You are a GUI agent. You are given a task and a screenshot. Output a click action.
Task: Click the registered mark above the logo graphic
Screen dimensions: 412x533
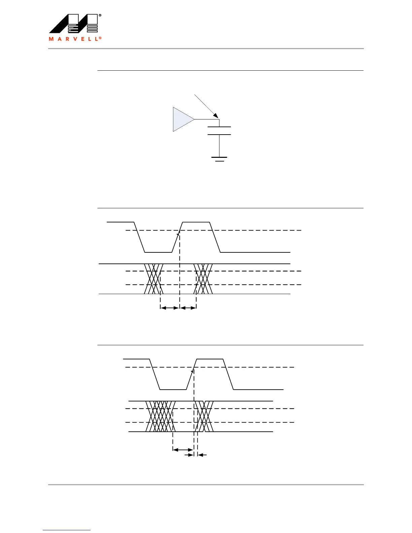pyautogui.click(x=100, y=15)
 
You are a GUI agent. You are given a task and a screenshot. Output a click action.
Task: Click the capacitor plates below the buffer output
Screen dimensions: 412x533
pyautogui.click(x=219, y=131)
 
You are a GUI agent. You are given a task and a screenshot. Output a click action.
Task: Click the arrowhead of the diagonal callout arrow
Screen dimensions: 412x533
pyautogui.click(x=217, y=116)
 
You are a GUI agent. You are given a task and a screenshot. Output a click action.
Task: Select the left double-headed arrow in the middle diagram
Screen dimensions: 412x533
pyautogui.click(x=170, y=308)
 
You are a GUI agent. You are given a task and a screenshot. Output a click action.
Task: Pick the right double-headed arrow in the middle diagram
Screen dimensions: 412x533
pyautogui.click(x=188, y=308)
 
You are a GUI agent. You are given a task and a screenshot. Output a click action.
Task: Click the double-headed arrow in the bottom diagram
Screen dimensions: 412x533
pyautogui.click(x=183, y=450)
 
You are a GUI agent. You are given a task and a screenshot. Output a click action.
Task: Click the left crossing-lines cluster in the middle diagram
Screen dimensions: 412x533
pyautogui.click(x=154, y=279)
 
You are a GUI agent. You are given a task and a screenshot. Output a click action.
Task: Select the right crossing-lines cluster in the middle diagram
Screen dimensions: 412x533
pyautogui.click(x=203, y=279)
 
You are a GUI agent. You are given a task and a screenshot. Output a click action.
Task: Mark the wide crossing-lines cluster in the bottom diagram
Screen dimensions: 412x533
pyautogui.click(x=161, y=416)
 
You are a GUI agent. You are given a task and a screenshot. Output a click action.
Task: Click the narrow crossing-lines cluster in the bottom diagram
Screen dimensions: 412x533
pyautogui.click(x=204, y=416)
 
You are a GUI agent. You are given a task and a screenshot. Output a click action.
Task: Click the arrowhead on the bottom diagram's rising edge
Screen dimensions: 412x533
pyautogui.click(x=193, y=371)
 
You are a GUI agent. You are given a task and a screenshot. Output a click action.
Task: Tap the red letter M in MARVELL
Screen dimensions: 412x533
pyautogui.click(x=51, y=39)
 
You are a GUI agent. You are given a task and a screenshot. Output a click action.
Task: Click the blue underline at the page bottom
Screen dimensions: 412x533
pyautogui.click(x=67, y=530)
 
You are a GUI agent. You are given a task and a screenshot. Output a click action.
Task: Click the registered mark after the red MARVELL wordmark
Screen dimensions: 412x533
pyautogui.click(x=100, y=38)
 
